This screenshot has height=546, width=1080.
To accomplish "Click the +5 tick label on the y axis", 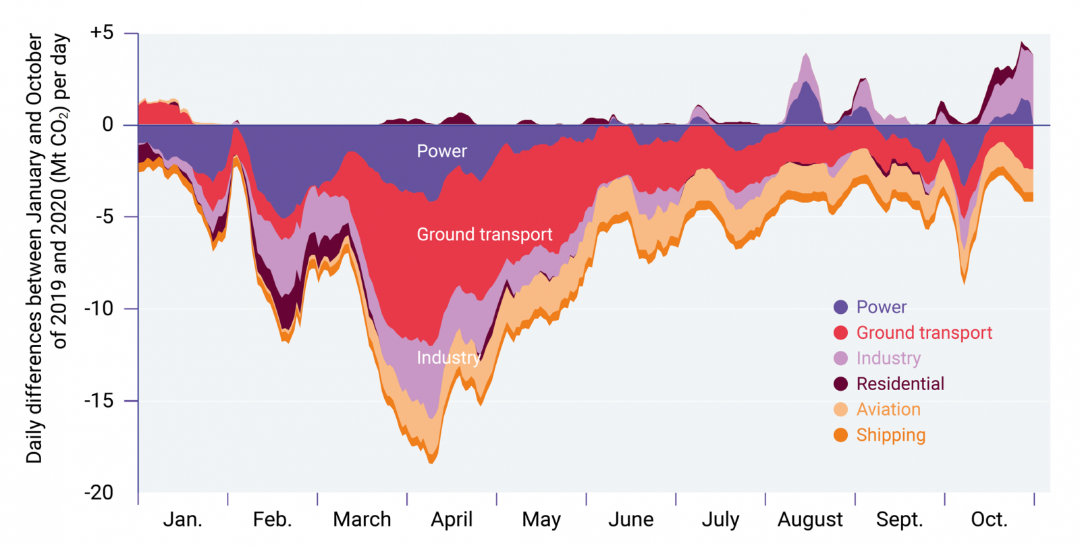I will [x=102, y=32].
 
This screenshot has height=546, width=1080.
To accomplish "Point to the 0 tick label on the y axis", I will [x=108, y=125].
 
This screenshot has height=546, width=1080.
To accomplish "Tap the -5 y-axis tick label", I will [x=102, y=217].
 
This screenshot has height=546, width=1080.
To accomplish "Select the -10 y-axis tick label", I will [x=99, y=308].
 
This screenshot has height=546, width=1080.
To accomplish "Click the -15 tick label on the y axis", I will [x=99, y=401].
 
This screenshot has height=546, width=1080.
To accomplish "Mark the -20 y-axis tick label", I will [x=99, y=493].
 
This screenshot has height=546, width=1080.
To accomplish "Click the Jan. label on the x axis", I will [x=182, y=520].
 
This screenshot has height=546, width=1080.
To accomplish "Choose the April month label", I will [x=452, y=520].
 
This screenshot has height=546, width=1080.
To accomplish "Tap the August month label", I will [x=810, y=520].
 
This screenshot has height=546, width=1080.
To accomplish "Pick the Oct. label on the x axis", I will [x=989, y=520].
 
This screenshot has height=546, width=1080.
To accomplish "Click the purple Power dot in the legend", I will [x=840, y=307].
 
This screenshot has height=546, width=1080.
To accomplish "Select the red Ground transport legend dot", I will [x=840, y=333].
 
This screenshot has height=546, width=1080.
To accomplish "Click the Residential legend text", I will [x=900, y=384].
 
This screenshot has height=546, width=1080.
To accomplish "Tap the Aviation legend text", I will [x=888, y=410].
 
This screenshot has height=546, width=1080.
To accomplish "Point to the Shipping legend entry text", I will [x=890, y=435].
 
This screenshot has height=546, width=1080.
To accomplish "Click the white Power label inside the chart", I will [x=441, y=151].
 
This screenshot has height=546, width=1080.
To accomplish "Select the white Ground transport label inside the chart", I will [x=484, y=234].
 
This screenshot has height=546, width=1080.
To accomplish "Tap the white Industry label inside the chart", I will [x=448, y=358].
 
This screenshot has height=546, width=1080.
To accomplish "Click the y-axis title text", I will [x=47, y=248].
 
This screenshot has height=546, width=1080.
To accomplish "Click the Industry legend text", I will [x=888, y=358].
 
